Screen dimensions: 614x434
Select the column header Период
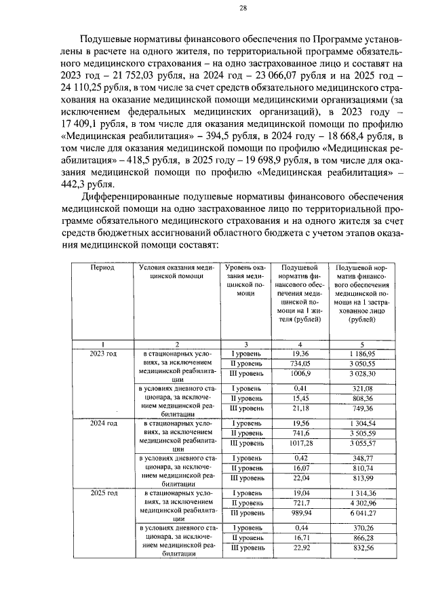(102, 267)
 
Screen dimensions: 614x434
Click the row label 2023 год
(102, 353)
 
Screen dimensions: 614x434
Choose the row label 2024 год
(102, 423)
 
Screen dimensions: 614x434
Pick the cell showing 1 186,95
(358, 353)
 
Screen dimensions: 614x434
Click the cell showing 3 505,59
(358, 433)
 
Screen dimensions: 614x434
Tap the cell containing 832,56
(358, 547)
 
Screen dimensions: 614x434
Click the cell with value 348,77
(358, 458)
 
